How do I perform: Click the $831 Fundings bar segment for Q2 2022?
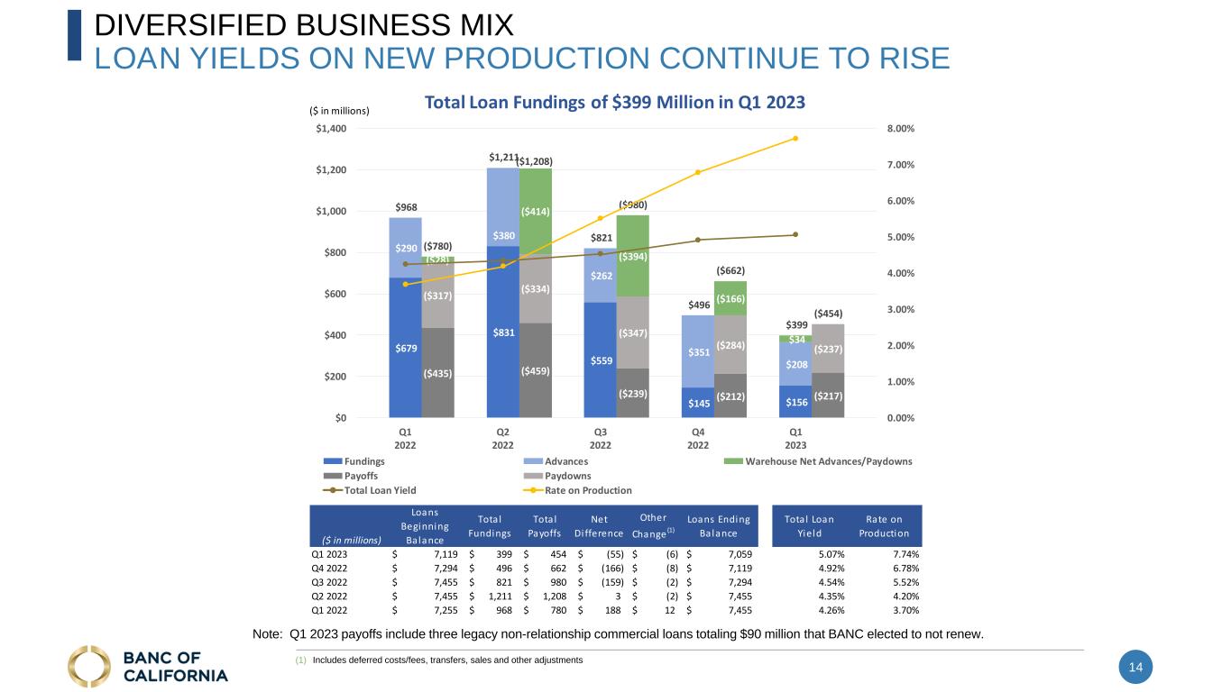pos(503,332)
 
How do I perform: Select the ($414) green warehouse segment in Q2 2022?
pos(536,212)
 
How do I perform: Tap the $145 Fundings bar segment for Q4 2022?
pos(698,403)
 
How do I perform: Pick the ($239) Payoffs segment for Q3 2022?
pos(632,393)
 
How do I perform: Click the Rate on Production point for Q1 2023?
pos(795,139)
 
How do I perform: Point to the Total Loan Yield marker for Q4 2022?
pos(698,240)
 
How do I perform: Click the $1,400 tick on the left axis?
pos(331,129)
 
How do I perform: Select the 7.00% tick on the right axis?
pos(901,165)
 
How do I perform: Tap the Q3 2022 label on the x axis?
pos(600,439)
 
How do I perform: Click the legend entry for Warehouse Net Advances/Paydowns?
pos(818,461)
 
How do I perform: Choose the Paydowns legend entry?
pos(557,476)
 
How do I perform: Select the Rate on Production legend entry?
pos(577,490)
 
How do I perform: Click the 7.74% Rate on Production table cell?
pos(905,554)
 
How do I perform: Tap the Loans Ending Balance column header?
pos(718,526)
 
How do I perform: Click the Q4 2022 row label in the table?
pos(329,569)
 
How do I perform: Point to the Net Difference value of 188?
pos(612,610)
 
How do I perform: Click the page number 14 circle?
pos(1135,667)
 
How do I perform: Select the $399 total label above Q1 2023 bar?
pos(796,325)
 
